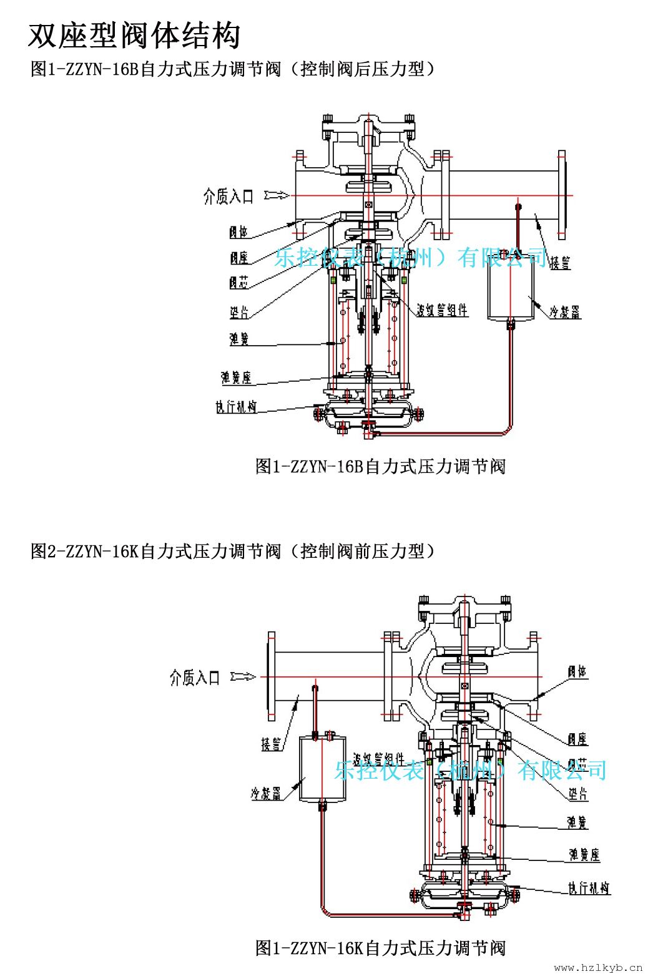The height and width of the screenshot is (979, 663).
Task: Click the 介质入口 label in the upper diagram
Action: [x=228, y=197]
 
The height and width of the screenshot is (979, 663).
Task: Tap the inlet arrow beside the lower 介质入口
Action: [x=243, y=676]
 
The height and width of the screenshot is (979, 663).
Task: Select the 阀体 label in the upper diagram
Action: [x=238, y=233]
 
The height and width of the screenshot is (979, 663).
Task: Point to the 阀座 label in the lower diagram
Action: [x=577, y=739]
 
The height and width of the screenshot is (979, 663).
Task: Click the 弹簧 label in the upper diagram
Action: [x=238, y=339]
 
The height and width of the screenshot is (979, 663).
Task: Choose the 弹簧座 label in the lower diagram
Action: [x=584, y=854]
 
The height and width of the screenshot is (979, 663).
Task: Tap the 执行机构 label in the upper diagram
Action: [x=236, y=407]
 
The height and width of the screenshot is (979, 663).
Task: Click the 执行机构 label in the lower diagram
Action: [x=588, y=888]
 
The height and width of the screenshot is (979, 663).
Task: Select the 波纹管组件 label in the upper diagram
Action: [x=442, y=310]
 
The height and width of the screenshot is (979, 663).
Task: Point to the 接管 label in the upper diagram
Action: [x=559, y=262]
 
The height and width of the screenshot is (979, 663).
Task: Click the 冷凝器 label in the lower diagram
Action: [x=266, y=794]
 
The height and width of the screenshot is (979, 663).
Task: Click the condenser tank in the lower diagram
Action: [x=322, y=768]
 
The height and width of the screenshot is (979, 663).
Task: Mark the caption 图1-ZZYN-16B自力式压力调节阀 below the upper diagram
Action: [x=380, y=466]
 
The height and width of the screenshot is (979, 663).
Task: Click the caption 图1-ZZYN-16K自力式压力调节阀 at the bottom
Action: [x=380, y=948]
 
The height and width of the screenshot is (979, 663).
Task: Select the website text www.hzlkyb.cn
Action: [x=597, y=968]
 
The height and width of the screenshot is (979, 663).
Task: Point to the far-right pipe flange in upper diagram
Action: [x=562, y=195]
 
